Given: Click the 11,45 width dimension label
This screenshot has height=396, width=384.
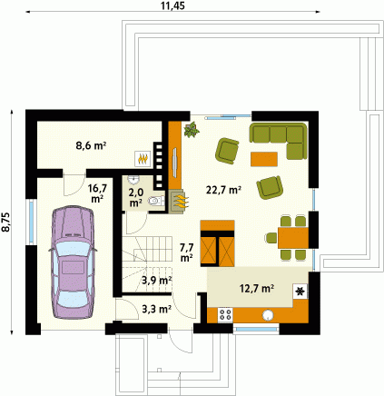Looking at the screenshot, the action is click(172, 5).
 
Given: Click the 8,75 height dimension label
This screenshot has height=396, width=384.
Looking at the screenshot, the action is click(6, 223).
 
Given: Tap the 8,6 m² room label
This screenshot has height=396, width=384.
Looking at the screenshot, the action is click(91, 145).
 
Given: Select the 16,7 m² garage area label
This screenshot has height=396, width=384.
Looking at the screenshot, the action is click(97, 193).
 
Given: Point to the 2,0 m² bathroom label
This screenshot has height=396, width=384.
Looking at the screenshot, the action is click(136, 197).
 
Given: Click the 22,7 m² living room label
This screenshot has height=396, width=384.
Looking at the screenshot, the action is click(223, 190).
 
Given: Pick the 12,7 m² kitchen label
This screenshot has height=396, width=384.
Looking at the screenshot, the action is click(257, 289).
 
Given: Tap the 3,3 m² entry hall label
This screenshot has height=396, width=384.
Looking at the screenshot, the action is click(157, 309).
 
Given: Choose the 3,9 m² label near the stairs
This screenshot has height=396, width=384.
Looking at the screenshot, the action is click(157, 281).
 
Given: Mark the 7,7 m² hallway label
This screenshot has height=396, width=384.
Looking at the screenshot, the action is click(187, 252).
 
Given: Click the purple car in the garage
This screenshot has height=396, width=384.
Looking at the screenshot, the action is click(73, 262).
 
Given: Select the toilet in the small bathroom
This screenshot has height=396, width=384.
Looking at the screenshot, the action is click(156, 201).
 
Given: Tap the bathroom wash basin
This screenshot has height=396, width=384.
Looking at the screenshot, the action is click(133, 180).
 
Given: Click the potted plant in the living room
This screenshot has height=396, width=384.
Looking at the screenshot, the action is click(192, 130).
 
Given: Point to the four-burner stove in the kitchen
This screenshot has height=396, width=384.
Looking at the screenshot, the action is click(225, 314).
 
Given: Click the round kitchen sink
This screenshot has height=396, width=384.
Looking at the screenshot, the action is click(269, 315).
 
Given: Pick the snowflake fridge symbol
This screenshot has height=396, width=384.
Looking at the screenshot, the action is click(300, 292).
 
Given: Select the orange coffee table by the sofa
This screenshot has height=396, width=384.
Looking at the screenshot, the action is click(264, 159).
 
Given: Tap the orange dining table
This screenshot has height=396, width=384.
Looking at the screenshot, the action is click(293, 238).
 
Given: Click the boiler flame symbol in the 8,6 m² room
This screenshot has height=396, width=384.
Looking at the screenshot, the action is click(143, 158).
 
